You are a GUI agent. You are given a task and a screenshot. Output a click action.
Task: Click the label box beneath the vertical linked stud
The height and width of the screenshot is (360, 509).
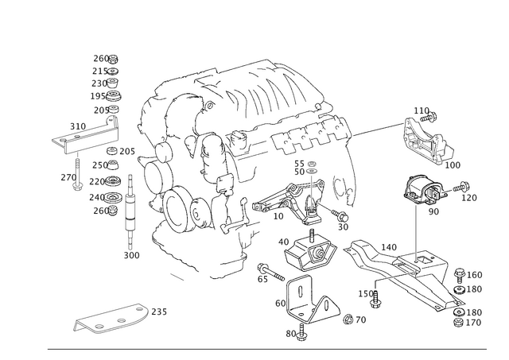coord(131,255)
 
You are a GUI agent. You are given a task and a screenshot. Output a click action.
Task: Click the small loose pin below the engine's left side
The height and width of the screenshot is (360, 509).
coord(177,277)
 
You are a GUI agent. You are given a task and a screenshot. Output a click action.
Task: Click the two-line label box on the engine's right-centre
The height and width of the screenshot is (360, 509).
coord(305,168)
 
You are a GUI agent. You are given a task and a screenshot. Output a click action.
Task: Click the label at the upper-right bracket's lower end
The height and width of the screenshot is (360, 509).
coord(454,165)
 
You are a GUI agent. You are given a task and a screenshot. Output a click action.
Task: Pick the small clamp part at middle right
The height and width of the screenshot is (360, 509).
coord(422,191)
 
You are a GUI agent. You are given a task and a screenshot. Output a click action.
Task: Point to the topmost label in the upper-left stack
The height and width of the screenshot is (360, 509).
coord(103,57)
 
